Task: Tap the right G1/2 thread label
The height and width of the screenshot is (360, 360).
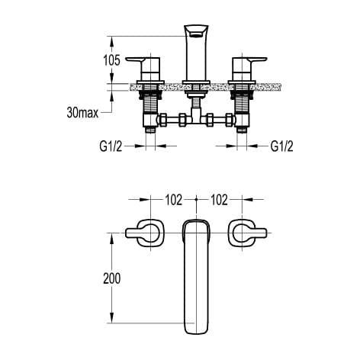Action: (x=283, y=146)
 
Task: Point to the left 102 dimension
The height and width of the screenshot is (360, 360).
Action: (x=173, y=201)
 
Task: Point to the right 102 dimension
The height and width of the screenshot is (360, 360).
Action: (x=220, y=201)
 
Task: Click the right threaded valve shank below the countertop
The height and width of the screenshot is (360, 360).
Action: (x=245, y=103)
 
